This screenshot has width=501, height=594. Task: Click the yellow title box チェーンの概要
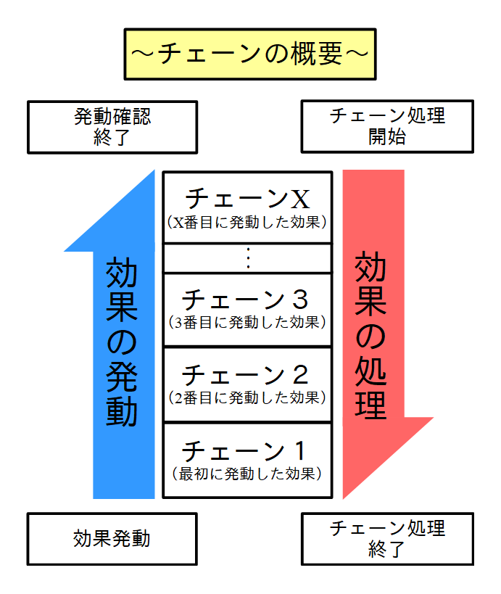(249, 54)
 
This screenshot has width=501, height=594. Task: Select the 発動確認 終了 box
(112, 127)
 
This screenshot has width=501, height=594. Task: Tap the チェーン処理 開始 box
(387, 126)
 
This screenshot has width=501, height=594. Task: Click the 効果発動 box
(112, 538)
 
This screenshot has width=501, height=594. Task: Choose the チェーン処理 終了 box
(387, 538)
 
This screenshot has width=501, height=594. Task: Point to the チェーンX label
(247, 198)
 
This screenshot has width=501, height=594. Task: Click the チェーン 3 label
(247, 299)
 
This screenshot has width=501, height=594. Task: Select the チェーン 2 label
(247, 375)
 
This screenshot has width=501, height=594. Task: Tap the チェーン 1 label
(247, 450)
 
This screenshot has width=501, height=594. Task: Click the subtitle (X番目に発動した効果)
(247, 222)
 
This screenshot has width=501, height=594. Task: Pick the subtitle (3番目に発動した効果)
(247, 321)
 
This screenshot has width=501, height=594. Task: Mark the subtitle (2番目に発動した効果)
(247, 397)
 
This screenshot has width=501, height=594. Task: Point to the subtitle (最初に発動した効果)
(247, 474)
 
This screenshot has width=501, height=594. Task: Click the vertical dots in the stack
(247, 258)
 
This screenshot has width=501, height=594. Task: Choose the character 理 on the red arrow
(371, 403)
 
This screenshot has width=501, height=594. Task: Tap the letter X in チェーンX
(299, 198)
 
